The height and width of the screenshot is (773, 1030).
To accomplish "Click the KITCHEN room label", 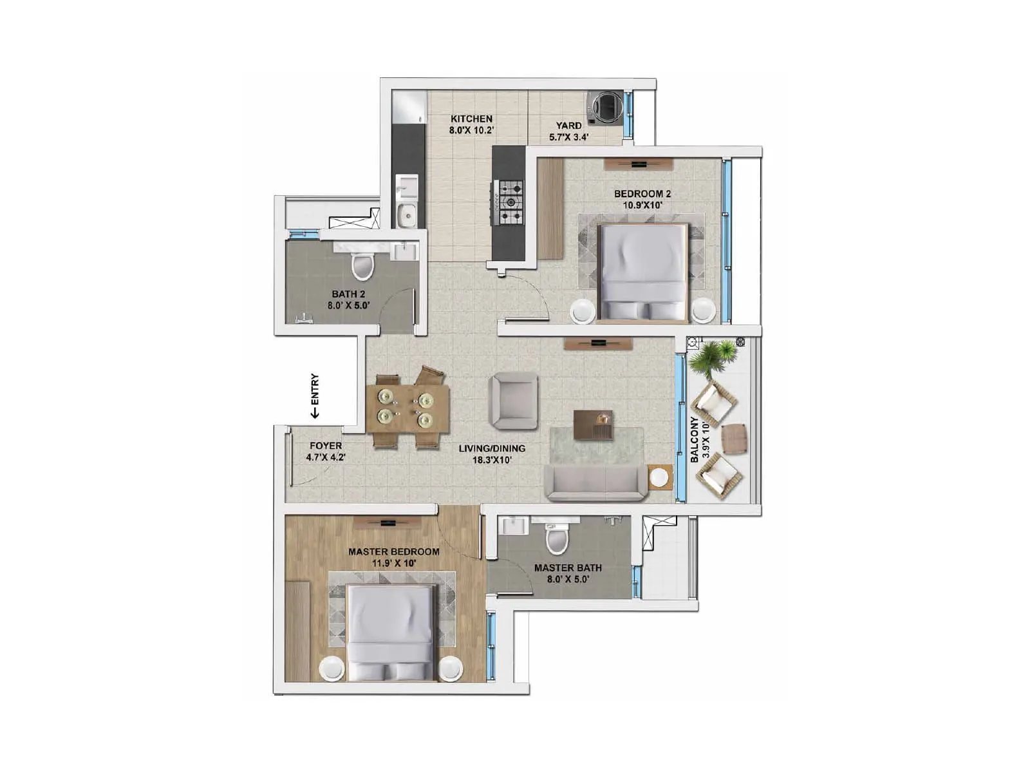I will pyautogui.click(x=471, y=119).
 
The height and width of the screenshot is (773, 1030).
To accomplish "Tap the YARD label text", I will pyautogui.click(x=569, y=126).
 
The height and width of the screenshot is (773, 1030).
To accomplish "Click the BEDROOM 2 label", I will pyautogui.click(x=642, y=194).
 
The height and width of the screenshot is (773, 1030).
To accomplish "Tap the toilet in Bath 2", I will pyautogui.click(x=363, y=265).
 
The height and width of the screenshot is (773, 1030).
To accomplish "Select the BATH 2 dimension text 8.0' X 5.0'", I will pyautogui.click(x=348, y=306).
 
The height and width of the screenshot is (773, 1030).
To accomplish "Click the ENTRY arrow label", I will pyautogui.click(x=315, y=396).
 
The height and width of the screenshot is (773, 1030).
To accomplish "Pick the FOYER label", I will pyautogui.click(x=326, y=446).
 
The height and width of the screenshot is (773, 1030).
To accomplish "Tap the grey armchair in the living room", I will pyautogui.click(x=513, y=401).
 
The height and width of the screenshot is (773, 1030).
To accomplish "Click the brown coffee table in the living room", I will pyautogui.click(x=594, y=425).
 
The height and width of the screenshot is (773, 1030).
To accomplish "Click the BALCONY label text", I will pyautogui.click(x=695, y=440).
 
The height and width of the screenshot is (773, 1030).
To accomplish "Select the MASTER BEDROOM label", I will pyautogui.click(x=394, y=552).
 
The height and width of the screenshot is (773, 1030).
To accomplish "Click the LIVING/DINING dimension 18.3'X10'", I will pyautogui.click(x=492, y=460).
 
